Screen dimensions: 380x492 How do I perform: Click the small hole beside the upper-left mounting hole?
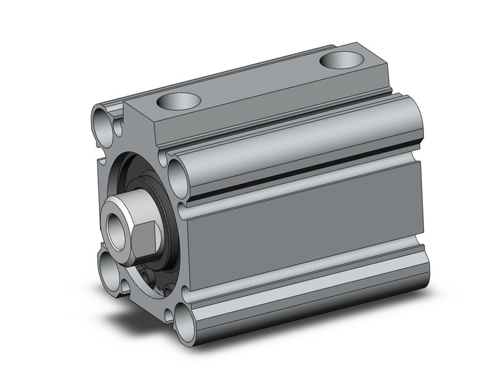tap(118, 128)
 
